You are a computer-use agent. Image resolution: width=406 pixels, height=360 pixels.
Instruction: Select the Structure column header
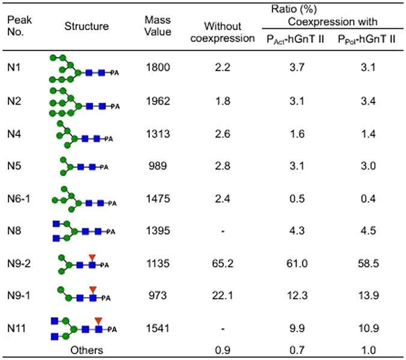click(x=88, y=27)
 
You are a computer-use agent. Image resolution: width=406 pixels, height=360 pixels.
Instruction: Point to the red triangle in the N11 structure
click(x=98, y=320)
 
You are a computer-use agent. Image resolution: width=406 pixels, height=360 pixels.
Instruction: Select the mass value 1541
click(x=158, y=329)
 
